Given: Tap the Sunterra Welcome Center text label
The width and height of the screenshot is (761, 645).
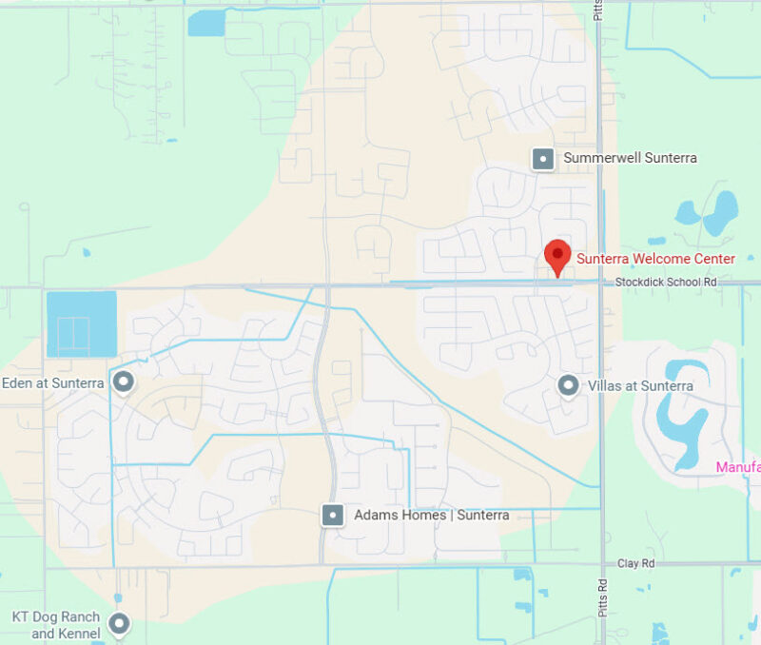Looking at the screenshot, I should tap(655, 259).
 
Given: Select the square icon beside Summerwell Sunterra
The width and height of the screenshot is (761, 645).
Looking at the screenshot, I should tap(542, 158).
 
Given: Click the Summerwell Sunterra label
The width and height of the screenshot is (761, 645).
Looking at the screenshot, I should tap(630, 158).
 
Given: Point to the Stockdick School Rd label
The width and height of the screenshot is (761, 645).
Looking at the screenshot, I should tap(666, 283).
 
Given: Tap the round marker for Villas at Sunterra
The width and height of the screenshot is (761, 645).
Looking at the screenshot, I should tap(568, 385).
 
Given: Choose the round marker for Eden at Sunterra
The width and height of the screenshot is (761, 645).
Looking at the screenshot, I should tap(123, 382).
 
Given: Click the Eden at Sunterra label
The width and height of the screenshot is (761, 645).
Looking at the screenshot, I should tap(53, 383).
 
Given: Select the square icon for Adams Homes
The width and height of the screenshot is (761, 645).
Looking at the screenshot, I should tap(332, 516).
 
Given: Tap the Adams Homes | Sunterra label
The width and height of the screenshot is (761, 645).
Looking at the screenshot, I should tap(431, 516).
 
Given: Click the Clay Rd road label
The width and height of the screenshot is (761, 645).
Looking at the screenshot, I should tap(635, 563).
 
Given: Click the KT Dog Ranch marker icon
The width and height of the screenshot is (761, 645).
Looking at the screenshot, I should tap(119, 624).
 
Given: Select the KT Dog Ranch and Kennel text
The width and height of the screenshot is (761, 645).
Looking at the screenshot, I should tap(55, 625).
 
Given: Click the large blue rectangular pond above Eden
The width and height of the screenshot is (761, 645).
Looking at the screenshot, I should tap(81, 324).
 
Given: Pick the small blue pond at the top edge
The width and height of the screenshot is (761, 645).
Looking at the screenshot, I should tap(205, 23).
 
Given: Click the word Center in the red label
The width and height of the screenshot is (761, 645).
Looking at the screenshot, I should tap(712, 259).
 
